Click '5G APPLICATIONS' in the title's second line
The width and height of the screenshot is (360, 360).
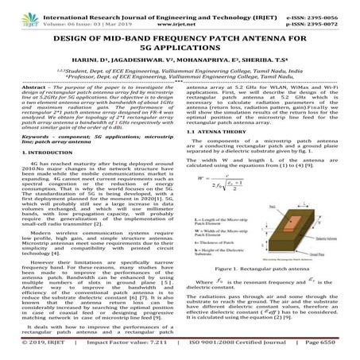point(180,51)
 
